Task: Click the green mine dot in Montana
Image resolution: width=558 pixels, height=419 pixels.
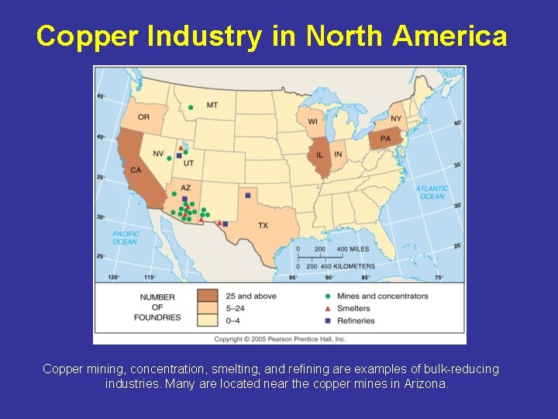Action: pyautogui.click(x=190, y=107)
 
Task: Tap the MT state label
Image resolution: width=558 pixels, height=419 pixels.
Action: pyautogui.click(x=212, y=106)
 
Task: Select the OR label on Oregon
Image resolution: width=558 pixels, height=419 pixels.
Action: pyautogui.click(x=144, y=117)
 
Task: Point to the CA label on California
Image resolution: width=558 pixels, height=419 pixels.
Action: pyautogui.click(x=136, y=170)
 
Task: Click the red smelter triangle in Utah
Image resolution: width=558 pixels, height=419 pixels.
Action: pyautogui.click(x=181, y=147)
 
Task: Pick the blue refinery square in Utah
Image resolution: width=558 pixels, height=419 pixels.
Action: pyautogui.click(x=179, y=156)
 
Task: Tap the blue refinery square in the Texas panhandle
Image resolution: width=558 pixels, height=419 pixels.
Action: pyautogui.click(x=247, y=195)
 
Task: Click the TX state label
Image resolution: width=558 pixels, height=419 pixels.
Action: pyautogui.click(x=263, y=225)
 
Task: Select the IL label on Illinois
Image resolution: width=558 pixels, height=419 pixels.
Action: pyautogui.click(x=320, y=155)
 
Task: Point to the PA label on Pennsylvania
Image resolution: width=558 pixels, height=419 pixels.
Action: pyautogui.click(x=384, y=139)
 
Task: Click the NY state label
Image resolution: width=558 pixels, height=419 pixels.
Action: pyautogui.click(x=396, y=119)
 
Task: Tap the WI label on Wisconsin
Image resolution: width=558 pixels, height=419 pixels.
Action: pyautogui.click(x=313, y=121)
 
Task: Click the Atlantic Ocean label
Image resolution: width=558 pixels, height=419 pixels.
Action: pyautogui.click(x=432, y=192)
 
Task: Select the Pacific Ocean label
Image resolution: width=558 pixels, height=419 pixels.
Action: pyautogui.click(x=126, y=237)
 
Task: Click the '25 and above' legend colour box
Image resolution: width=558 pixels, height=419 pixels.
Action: pyautogui.click(x=207, y=296)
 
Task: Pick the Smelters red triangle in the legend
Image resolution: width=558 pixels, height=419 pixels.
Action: pyautogui.click(x=328, y=308)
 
